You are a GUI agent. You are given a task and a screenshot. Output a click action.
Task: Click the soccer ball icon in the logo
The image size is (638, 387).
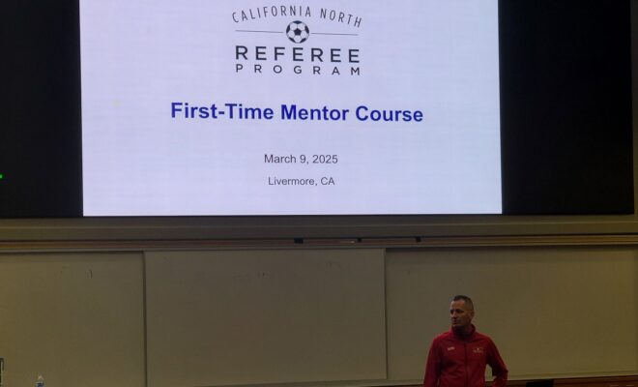pyautogui.click(x=298, y=32)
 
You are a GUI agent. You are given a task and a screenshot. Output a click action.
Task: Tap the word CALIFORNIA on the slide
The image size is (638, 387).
pyautogui.click(x=272, y=14)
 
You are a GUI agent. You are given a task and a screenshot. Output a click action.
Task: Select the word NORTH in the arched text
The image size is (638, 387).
pyautogui.click(x=340, y=17)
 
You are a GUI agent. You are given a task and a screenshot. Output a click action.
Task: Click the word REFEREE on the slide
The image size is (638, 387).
pyautogui.click(x=298, y=54)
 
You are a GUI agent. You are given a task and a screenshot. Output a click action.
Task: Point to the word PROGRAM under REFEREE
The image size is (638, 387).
pyautogui.click(x=298, y=70)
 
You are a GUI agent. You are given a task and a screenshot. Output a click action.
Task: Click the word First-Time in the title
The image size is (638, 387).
pyautogui.click(x=221, y=111)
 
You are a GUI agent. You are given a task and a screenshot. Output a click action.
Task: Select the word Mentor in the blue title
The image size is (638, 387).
pyautogui.click(x=314, y=113)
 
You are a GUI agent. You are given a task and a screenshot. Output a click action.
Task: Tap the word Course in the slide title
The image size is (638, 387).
pyautogui.click(x=389, y=113)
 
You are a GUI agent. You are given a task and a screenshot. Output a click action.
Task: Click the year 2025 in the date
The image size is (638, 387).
pyautogui.click(x=325, y=160)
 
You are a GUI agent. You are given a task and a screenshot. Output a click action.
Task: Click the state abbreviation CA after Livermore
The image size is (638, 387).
pyautogui.click(x=328, y=181)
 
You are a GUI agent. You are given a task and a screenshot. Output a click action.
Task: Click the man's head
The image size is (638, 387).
pyautogui.click(x=462, y=312)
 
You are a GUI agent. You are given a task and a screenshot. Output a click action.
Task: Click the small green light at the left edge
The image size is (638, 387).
pyautogui.click(x=1, y=176)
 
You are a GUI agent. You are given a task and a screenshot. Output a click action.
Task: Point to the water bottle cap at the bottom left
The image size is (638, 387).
pyautogui.click(x=40, y=377)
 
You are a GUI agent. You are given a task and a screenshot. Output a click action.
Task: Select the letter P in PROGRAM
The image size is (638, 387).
pyautogui.click(x=240, y=70)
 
